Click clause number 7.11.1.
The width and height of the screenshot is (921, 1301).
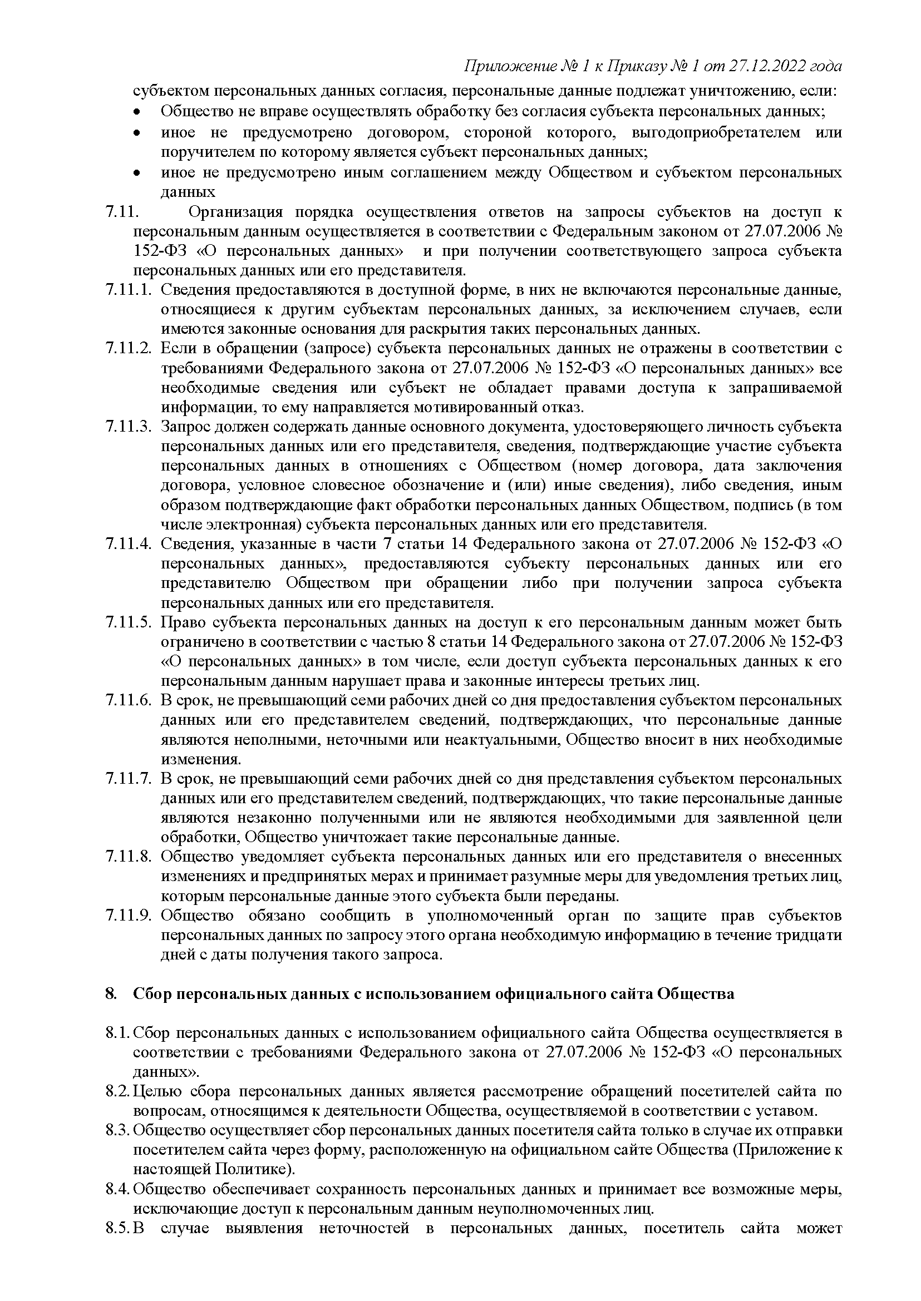pos(128,290)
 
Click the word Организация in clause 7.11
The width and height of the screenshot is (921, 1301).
pos(235,212)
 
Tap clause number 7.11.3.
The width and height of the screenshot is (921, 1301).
pos(128,427)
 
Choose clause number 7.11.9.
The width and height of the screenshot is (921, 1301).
pos(128,916)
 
